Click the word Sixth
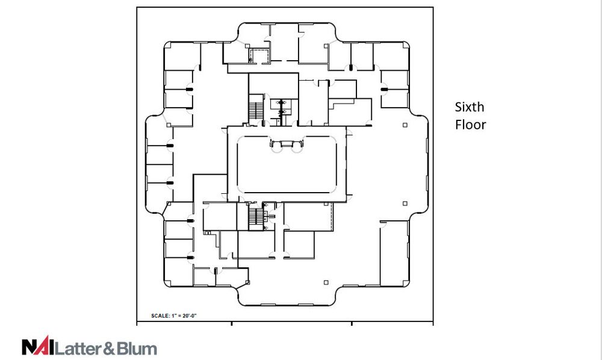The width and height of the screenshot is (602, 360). [469, 107]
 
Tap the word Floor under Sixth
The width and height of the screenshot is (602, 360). [470, 125]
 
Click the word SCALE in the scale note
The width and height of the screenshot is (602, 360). [160, 316]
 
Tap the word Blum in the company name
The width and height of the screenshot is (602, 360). [136, 348]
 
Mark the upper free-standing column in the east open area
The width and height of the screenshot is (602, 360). [405, 125]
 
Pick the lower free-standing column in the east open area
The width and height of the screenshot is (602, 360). [405, 204]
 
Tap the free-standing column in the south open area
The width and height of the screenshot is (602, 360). [326, 282]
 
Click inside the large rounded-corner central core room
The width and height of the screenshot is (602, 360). [287, 169]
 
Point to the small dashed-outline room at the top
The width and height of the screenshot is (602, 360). [259, 55]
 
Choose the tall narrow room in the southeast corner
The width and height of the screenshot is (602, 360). [394, 253]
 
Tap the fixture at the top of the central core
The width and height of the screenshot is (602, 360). [287, 144]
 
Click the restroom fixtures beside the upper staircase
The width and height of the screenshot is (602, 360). [282, 107]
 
